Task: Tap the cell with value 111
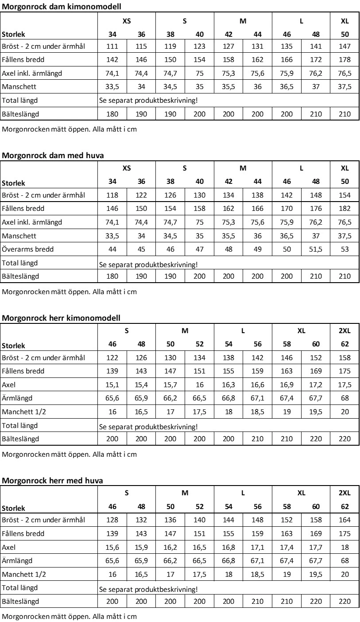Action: point(112,47)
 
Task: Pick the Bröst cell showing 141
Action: point(316,47)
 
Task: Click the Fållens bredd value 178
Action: point(345,60)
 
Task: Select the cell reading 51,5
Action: point(316,249)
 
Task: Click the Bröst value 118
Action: point(112,195)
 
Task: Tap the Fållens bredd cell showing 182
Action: point(345,209)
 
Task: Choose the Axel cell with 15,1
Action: point(112,385)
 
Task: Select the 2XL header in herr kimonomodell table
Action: point(345,330)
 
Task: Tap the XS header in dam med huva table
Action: point(127,168)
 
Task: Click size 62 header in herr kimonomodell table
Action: point(345,344)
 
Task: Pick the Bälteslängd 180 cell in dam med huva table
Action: point(112,276)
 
